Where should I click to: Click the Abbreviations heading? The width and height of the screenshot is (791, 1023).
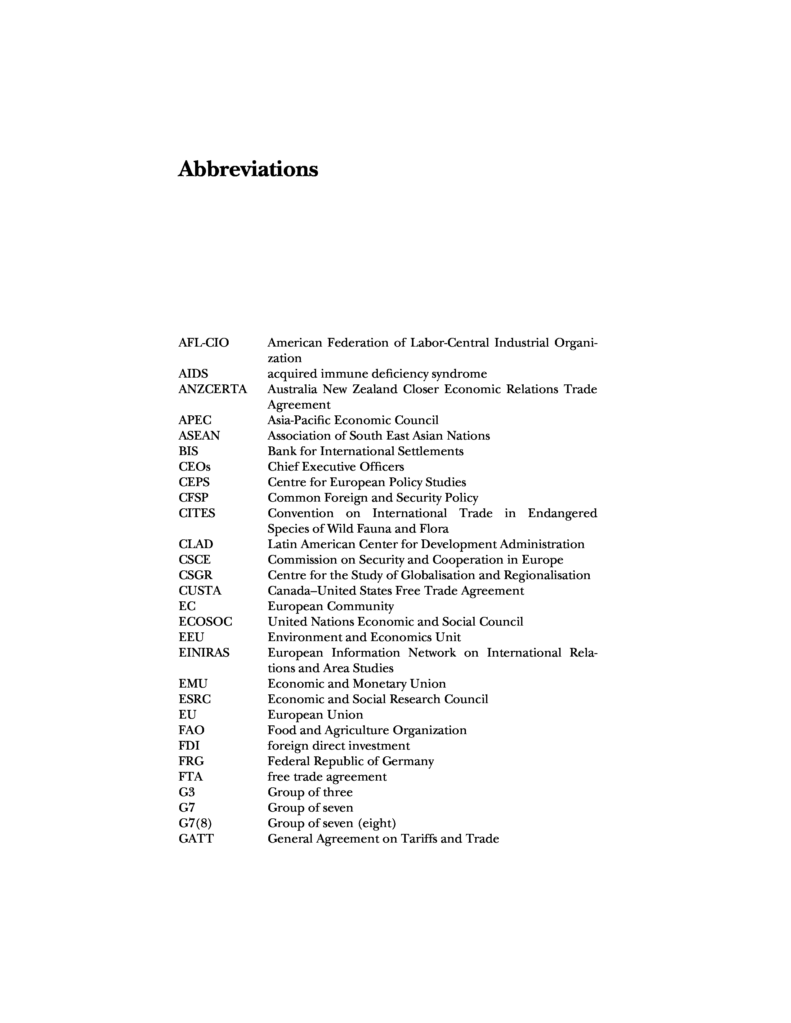[x=248, y=169]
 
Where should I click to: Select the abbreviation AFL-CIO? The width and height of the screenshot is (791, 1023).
[x=203, y=343]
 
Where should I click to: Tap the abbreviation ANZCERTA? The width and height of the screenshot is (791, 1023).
[x=212, y=389]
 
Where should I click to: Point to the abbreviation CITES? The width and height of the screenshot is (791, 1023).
[x=197, y=513]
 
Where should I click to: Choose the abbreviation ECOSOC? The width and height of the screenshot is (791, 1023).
[x=205, y=622]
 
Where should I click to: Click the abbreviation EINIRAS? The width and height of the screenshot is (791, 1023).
[x=204, y=653]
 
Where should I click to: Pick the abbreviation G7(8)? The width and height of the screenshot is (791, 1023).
[x=195, y=823]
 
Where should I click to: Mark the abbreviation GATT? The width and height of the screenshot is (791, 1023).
[x=196, y=839]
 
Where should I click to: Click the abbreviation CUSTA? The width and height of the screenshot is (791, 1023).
[x=200, y=591]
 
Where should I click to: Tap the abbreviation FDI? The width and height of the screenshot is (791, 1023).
[x=189, y=746]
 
